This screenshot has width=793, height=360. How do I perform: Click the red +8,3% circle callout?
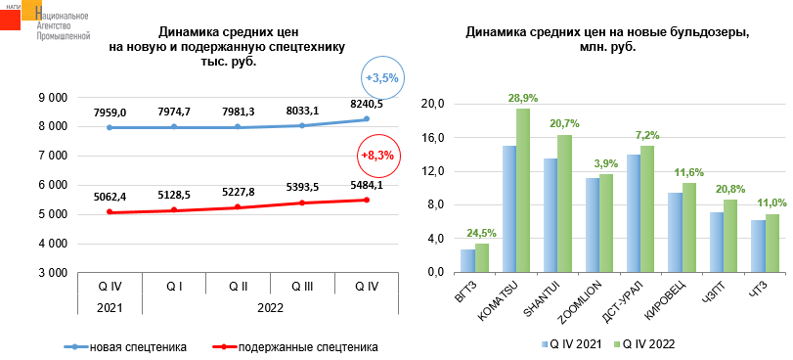[x=376, y=155]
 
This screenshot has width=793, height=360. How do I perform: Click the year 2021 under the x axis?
[x=110, y=307]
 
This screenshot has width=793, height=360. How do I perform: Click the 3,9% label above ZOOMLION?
[x=606, y=163]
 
